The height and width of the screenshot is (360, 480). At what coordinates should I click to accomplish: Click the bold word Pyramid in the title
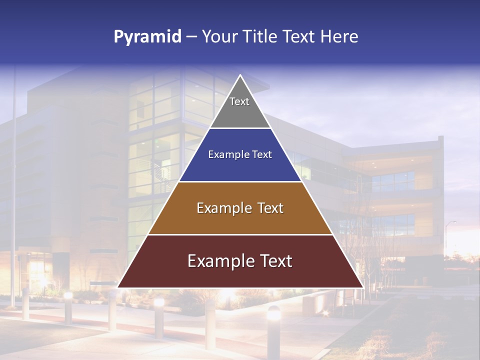tap(147, 37)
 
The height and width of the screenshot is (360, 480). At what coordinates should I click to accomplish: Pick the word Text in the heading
tap(299, 37)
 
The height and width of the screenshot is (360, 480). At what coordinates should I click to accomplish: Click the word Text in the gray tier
tap(239, 101)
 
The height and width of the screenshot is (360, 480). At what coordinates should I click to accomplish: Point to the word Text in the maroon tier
tap(274, 261)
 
